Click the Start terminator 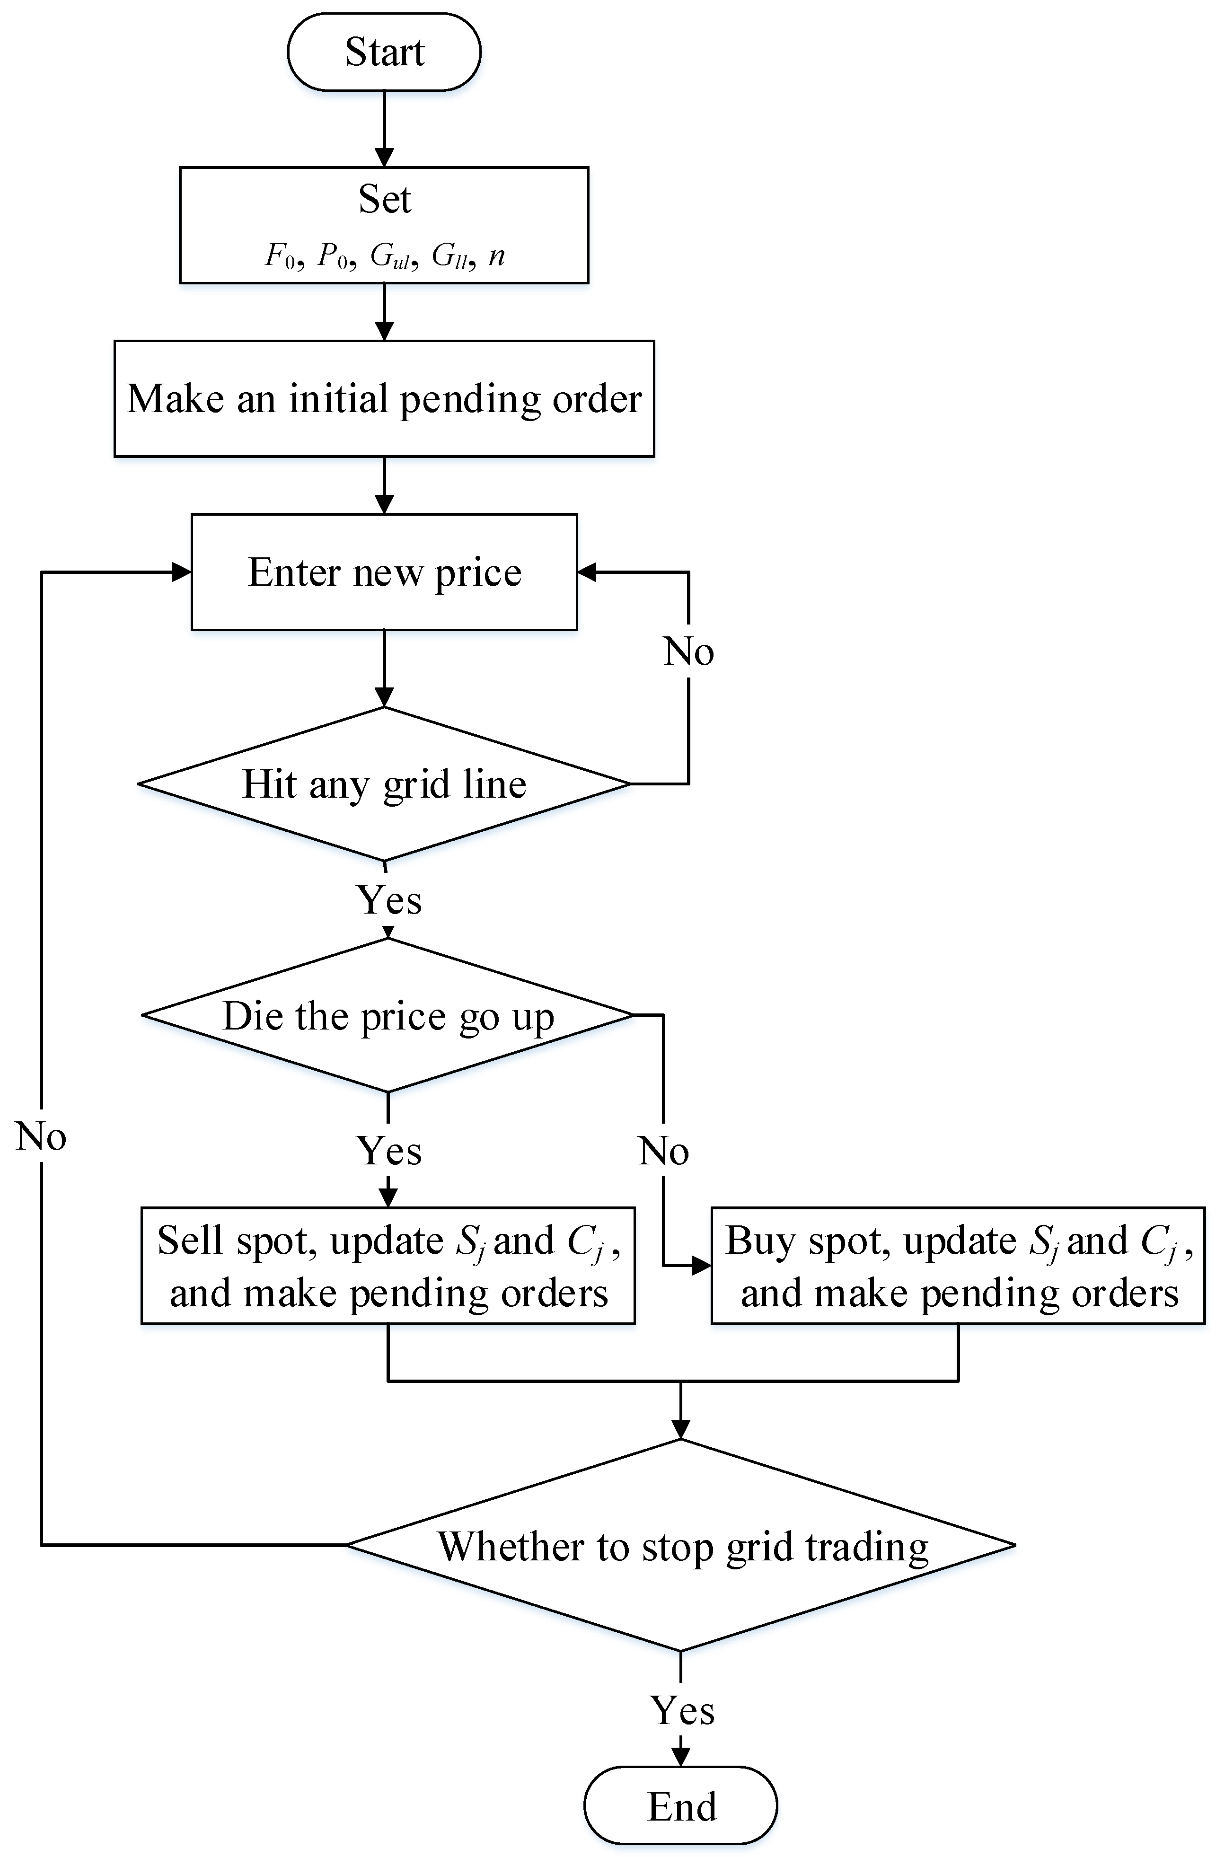(x=384, y=52)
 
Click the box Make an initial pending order (x=384, y=399)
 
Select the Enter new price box (x=384, y=572)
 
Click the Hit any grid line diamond (x=384, y=783)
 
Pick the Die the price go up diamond (x=388, y=1015)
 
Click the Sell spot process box (x=388, y=1266)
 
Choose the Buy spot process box (x=958, y=1266)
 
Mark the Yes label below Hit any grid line (x=388, y=899)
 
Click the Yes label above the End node (x=682, y=1710)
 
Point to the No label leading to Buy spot (x=663, y=1151)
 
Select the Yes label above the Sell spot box (x=388, y=1151)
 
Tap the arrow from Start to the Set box (x=384, y=129)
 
